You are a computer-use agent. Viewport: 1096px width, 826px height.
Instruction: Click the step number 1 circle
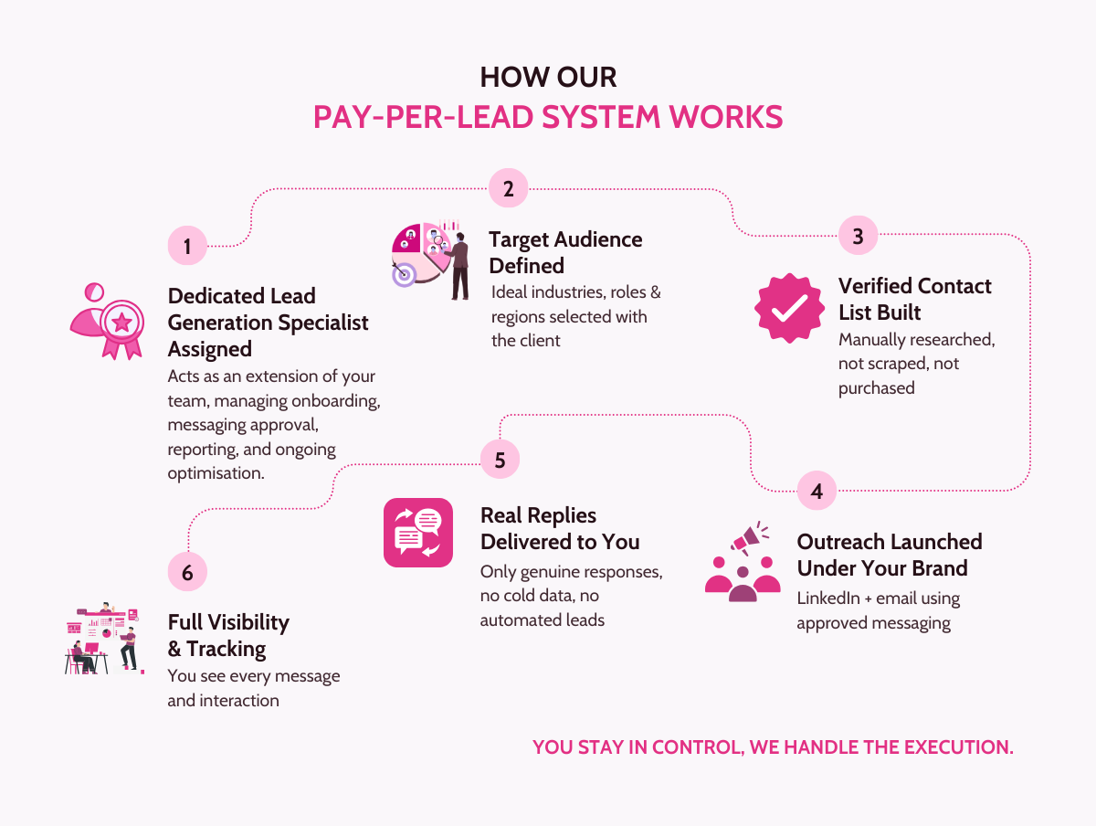tap(187, 247)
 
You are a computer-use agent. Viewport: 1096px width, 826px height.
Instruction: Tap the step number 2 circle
tap(509, 189)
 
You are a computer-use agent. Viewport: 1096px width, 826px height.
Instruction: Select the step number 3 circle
tap(858, 237)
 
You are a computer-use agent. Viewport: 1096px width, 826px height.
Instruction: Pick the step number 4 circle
tap(817, 492)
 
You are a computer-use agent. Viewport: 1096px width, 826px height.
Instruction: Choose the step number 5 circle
tap(500, 460)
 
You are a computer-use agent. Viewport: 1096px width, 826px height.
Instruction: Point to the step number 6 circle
tap(187, 573)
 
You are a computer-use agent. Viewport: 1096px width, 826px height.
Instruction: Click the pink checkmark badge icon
tap(783, 309)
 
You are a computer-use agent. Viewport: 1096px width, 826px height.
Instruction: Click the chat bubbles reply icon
tap(418, 533)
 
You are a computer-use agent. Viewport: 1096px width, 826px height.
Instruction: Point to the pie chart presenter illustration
tap(430, 255)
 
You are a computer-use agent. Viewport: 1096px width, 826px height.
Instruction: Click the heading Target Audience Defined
tap(565, 252)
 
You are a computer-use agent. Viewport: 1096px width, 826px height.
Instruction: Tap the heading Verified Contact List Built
tap(914, 299)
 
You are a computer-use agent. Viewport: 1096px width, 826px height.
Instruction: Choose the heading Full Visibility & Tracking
tap(228, 635)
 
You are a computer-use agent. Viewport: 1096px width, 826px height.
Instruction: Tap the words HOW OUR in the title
tap(548, 78)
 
